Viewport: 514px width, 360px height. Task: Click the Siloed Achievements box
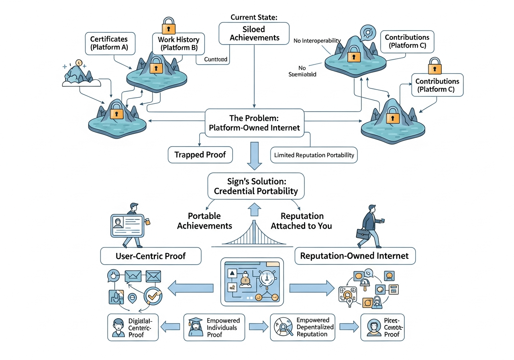click(x=254, y=33)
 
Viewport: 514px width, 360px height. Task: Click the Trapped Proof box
click(x=200, y=155)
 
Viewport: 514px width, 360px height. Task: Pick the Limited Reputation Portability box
click(x=314, y=155)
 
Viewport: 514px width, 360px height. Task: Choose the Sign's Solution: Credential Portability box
click(x=255, y=185)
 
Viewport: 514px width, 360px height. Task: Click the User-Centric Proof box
click(x=151, y=256)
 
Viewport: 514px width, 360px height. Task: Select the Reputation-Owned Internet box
click(x=355, y=256)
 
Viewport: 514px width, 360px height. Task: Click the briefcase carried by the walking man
click(x=363, y=233)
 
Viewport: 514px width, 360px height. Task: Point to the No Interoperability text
click(x=317, y=41)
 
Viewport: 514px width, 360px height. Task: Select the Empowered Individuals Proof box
click(x=214, y=327)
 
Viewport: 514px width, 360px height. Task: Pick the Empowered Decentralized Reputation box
click(x=303, y=327)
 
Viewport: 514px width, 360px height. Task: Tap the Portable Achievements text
click(x=205, y=221)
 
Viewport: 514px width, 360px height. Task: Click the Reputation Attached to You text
click(x=301, y=221)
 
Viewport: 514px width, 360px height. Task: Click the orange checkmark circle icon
click(x=153, y=296)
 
